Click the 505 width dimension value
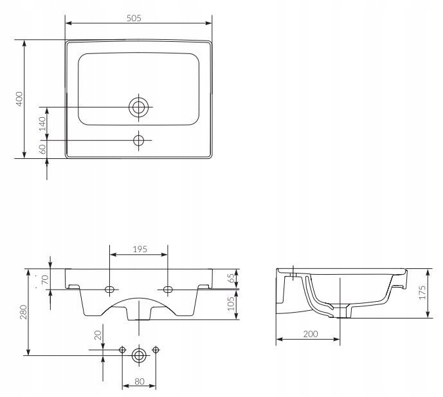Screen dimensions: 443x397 (x=134, y=18)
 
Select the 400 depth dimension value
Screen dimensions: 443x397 (x=19, y=98)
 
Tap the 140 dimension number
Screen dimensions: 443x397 (x=42, y=124)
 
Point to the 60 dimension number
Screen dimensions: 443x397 (x=42, y=149)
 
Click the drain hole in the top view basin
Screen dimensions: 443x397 (x=138, y=107)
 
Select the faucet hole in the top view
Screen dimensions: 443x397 (x=138, y=140)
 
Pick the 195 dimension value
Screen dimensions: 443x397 (x=140, y=249)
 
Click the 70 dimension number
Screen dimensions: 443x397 (x=45, y=279)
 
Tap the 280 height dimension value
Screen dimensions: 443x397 (x=23, y=312)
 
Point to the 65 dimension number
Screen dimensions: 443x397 (x=231, y=278)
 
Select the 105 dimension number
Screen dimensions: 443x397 (x=231, y=304)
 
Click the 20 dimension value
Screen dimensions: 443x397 (x=98, y=335)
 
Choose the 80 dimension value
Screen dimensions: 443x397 (x=140, y=382)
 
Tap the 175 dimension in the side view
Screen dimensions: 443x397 (x=422, y=292)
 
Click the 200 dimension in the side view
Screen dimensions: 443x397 (x=311, y=334)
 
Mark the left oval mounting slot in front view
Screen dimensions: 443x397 (x=109, y=290)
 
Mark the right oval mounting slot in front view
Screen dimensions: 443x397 (x=168, y=290)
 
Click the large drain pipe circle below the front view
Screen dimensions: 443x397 (x=139, y=355)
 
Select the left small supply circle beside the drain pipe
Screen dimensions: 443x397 (x=122, y=350)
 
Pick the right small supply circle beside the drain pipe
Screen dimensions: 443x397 (x=156, y=350)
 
